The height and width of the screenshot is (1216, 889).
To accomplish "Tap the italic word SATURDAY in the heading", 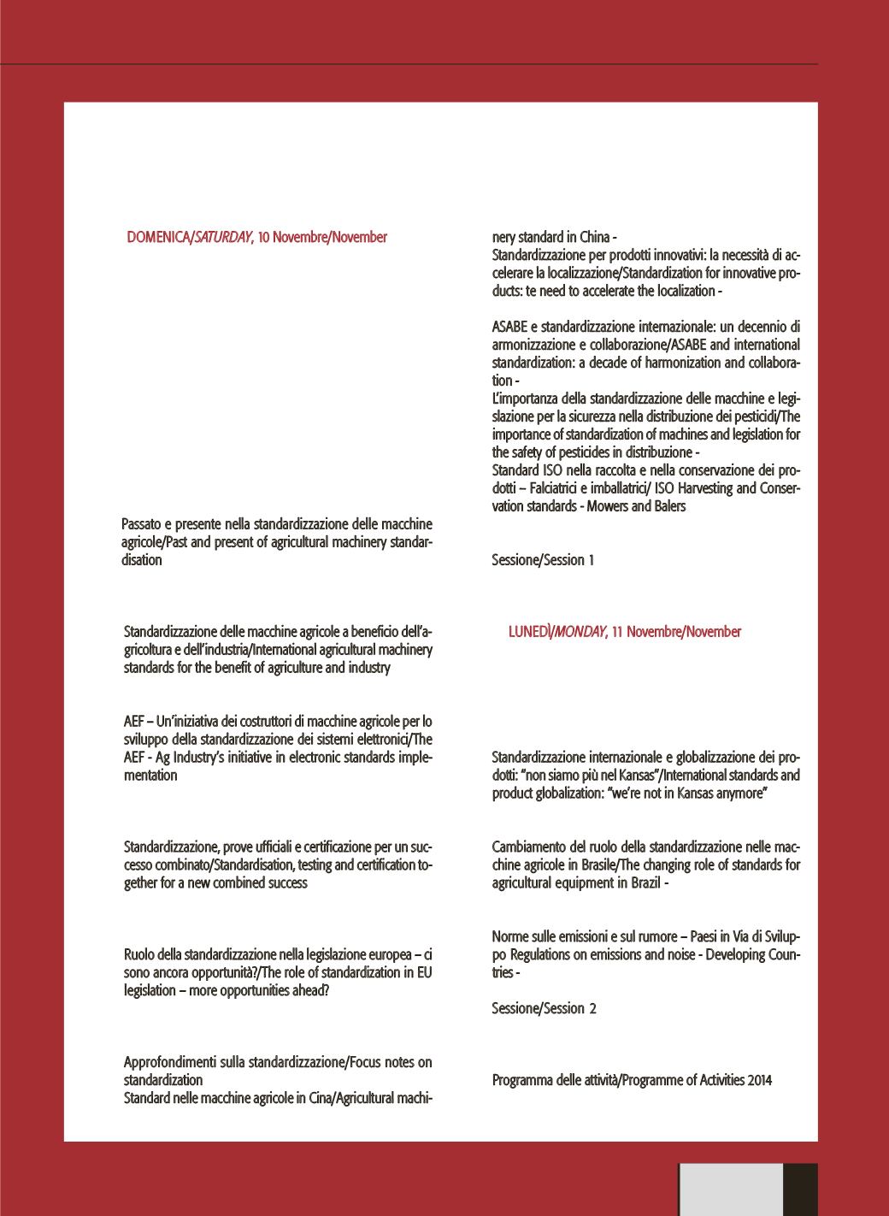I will pos(222,237).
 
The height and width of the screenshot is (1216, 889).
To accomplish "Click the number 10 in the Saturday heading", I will pos(265,237).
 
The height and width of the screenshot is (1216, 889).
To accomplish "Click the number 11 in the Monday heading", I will pos(619,632).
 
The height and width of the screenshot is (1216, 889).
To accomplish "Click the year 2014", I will pos(759,1080).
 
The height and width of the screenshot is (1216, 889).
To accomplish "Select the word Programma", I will pos(521,1080).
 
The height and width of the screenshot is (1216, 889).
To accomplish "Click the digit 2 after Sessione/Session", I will pos(592,1009).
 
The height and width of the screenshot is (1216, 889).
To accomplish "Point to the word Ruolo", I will pos(140,955).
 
